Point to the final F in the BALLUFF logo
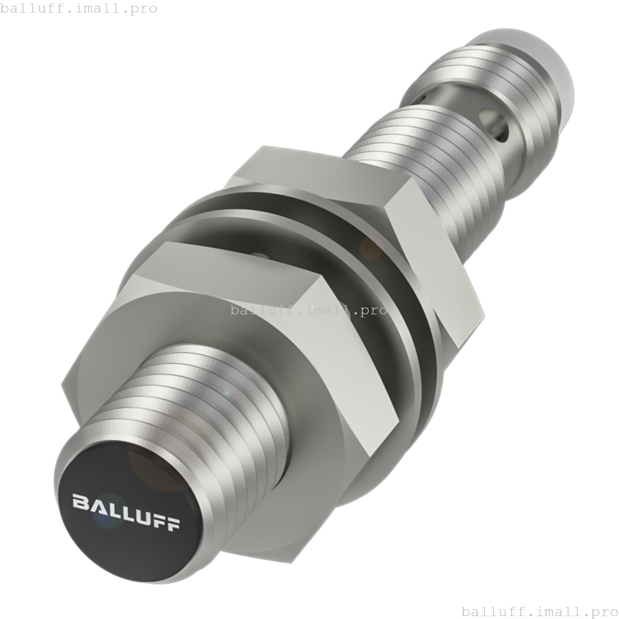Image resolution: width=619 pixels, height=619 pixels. pos(173,524)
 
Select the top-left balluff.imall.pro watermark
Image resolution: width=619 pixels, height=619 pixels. pos(78,9)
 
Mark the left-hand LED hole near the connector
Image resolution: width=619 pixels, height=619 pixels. pos(422,98)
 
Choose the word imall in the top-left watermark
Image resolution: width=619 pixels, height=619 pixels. pos(92,9)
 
